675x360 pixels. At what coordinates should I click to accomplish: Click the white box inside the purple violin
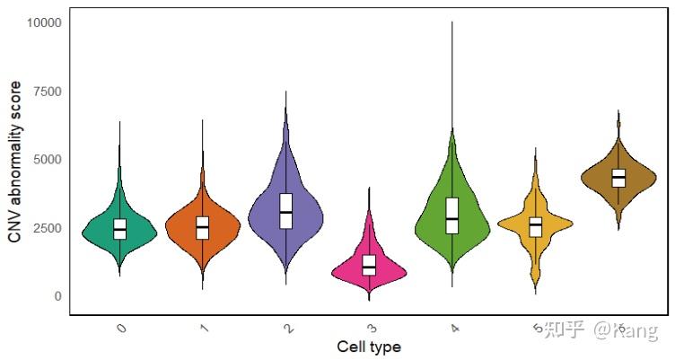tap(286, 211)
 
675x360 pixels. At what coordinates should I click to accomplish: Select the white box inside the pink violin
tap(369, 265)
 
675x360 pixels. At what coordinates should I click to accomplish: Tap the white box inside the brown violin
tap(618, 178)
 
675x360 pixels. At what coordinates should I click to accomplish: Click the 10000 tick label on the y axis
tap(44, 22)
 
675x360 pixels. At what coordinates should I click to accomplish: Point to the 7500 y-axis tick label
tap(47, 91)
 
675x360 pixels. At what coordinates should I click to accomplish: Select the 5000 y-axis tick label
tap(47, 159)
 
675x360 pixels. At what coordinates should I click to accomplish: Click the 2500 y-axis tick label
tap(47, 228)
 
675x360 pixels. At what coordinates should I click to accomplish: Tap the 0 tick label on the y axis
tap(57, 296)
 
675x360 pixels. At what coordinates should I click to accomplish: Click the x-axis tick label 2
tap(288, 329)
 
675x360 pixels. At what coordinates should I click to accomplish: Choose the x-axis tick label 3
tap(371, 329)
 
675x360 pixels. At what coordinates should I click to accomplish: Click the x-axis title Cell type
tap(369, 347)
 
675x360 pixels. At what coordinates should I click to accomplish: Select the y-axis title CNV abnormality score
tap(14, 162)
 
